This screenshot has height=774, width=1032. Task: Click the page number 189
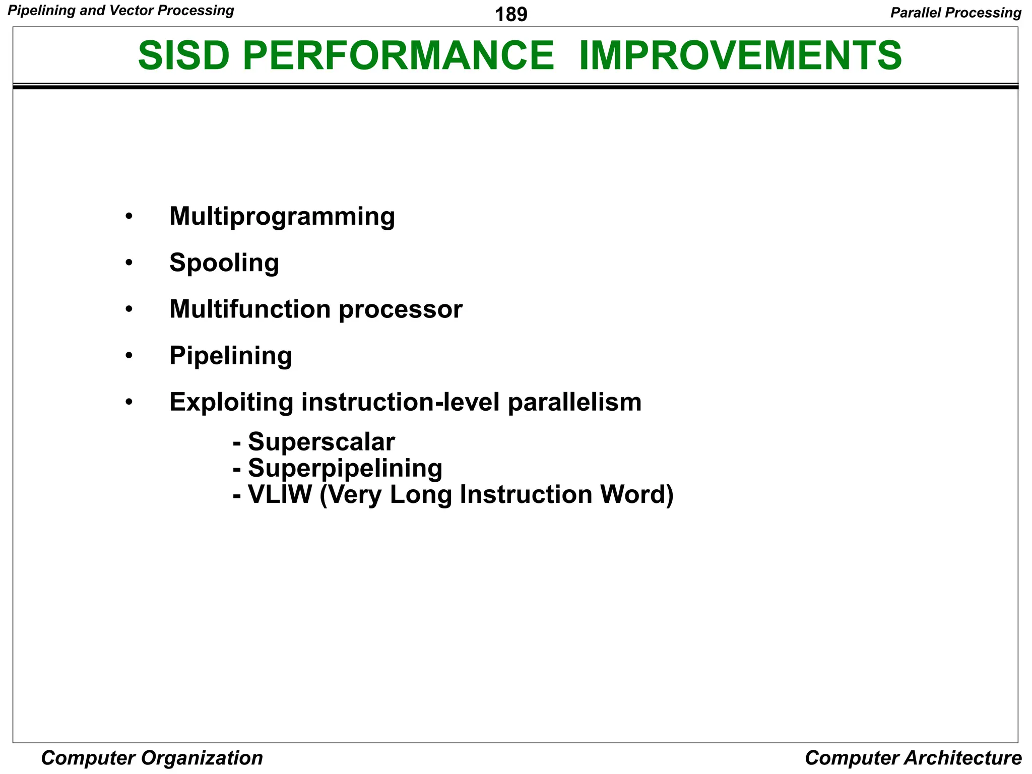(x=511, y=15)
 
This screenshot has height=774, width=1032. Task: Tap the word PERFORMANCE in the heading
(x=398, y=55)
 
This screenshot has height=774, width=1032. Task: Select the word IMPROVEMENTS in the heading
(x=740, y=55)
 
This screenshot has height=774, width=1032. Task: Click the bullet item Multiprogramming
(x=282, y=217)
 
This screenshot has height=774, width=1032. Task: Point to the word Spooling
(x=224, y=263)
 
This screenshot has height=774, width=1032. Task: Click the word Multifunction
(x=250, y=309)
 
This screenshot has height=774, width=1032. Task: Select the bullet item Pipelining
(x=230, y=356)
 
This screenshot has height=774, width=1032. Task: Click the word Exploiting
(x=231, y=403)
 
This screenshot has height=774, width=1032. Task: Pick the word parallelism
(x=574, y=403)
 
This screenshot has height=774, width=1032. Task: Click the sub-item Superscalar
(x=321, y=442)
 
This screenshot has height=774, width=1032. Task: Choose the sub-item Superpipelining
(x=345, y=468)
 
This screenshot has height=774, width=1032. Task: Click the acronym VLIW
(x=280, y=494)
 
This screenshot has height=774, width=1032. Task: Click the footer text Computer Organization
(x=152, y=758)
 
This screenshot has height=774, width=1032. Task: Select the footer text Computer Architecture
(x=913, y=758)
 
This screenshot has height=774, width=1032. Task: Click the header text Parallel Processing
(x=955, y=13)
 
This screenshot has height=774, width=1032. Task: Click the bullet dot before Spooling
(x=129, y=263)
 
